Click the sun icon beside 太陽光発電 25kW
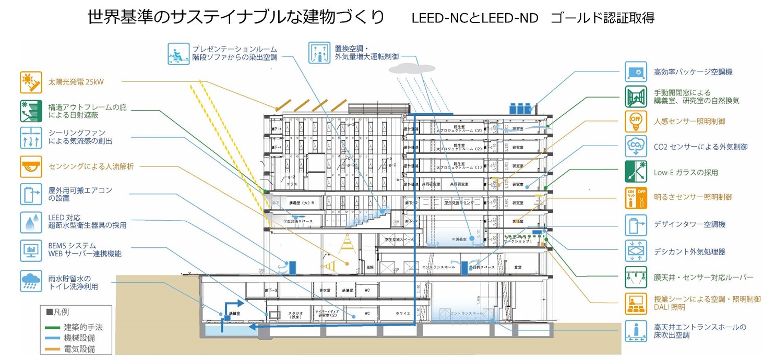point(31,82)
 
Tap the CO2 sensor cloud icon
point(636,147)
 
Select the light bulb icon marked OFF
point(636,122)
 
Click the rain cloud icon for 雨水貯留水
point(31,281)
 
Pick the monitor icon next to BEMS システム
point(31,250)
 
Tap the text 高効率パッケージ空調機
point(689,72)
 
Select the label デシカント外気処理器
point(689,251)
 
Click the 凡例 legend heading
point(58,312)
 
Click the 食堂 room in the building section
point(518,267)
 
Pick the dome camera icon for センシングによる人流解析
point(31,166)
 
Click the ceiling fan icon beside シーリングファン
point(31,137)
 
